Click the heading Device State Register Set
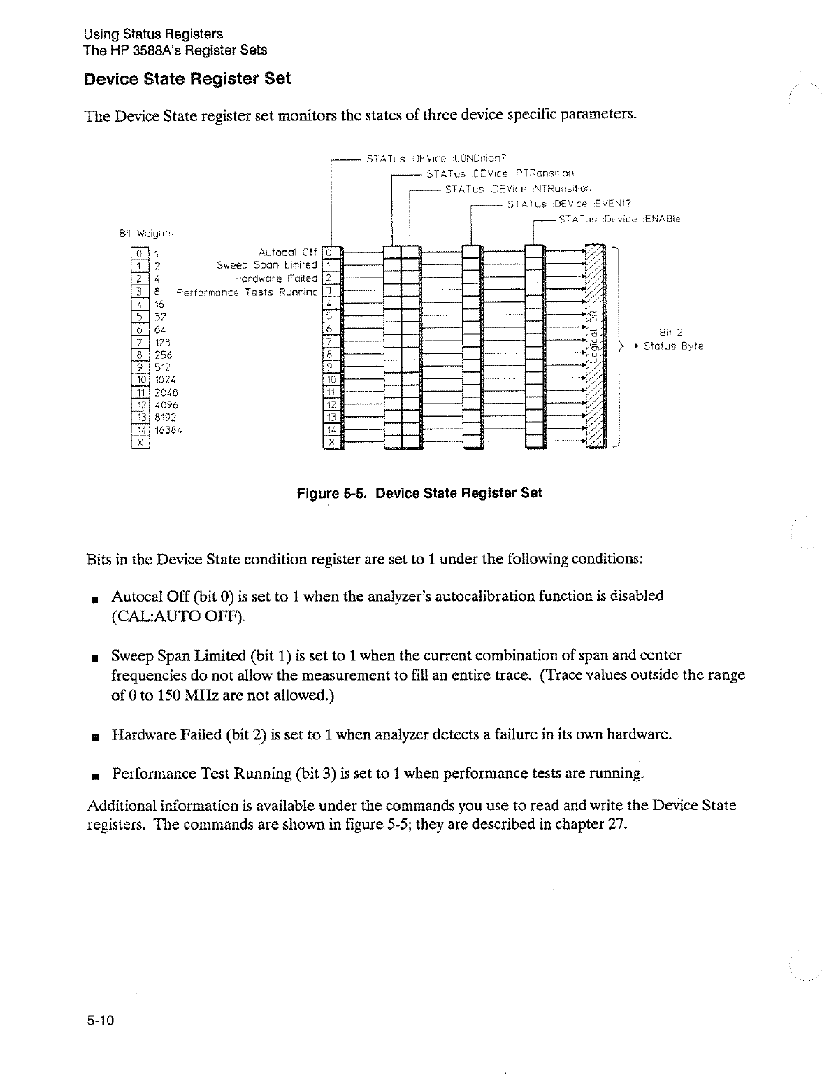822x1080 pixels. pos(187,78)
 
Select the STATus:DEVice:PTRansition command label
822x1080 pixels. pos(500,173)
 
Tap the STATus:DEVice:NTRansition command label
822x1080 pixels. pos(518,189)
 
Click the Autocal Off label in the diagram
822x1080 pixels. pos(287,253)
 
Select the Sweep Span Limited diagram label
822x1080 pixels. pos(266,265)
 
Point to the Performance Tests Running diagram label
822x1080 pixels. pos(247,292)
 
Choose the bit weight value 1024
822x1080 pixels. pos(165,380)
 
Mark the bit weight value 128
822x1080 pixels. pos(163,342)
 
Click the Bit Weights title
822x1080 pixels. pos(145,233)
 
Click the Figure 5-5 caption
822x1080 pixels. pos(419,493)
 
